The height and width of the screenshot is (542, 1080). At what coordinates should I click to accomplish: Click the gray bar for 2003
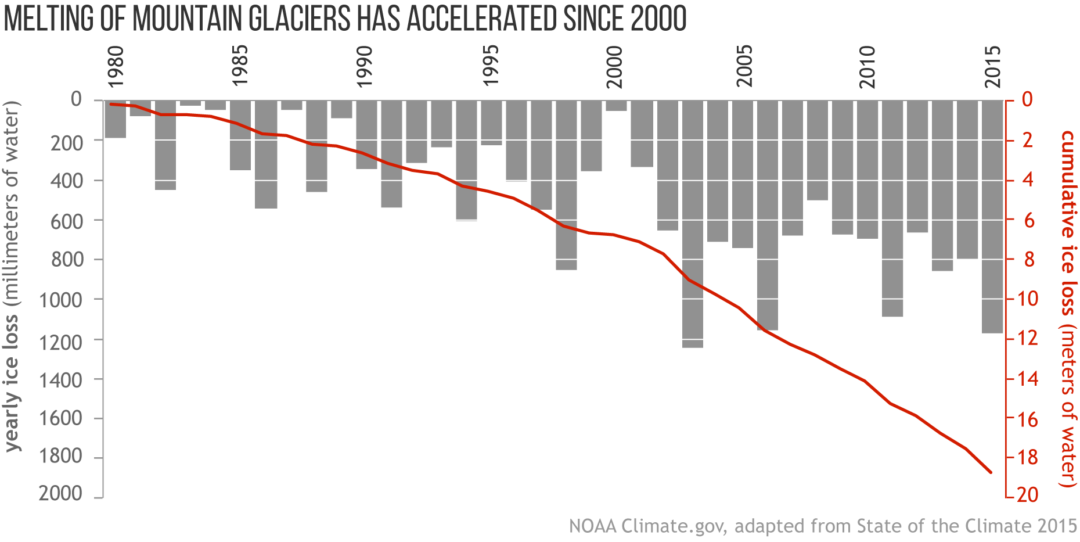[693, 224]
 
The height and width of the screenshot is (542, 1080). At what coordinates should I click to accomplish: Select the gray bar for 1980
[116, 119]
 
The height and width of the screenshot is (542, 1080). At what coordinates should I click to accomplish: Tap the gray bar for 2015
[992, 216]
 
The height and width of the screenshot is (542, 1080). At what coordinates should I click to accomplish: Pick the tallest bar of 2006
[768, 215]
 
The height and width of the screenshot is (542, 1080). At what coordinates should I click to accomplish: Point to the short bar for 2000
[616, 105]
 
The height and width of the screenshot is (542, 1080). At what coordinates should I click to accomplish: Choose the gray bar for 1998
[566, 185]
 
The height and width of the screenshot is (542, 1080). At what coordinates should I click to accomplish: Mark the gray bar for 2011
[892, 208]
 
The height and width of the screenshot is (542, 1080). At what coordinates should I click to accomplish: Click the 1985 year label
[239, 65]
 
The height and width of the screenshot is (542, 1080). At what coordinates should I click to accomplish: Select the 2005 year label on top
[744, 65]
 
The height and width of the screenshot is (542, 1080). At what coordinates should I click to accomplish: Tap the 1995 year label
[491, 65]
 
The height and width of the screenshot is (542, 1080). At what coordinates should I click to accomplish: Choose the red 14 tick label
[1027, 379]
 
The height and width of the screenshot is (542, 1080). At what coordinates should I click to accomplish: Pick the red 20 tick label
[1027, 494]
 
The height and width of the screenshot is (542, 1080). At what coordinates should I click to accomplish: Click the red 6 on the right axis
[1029, 221]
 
